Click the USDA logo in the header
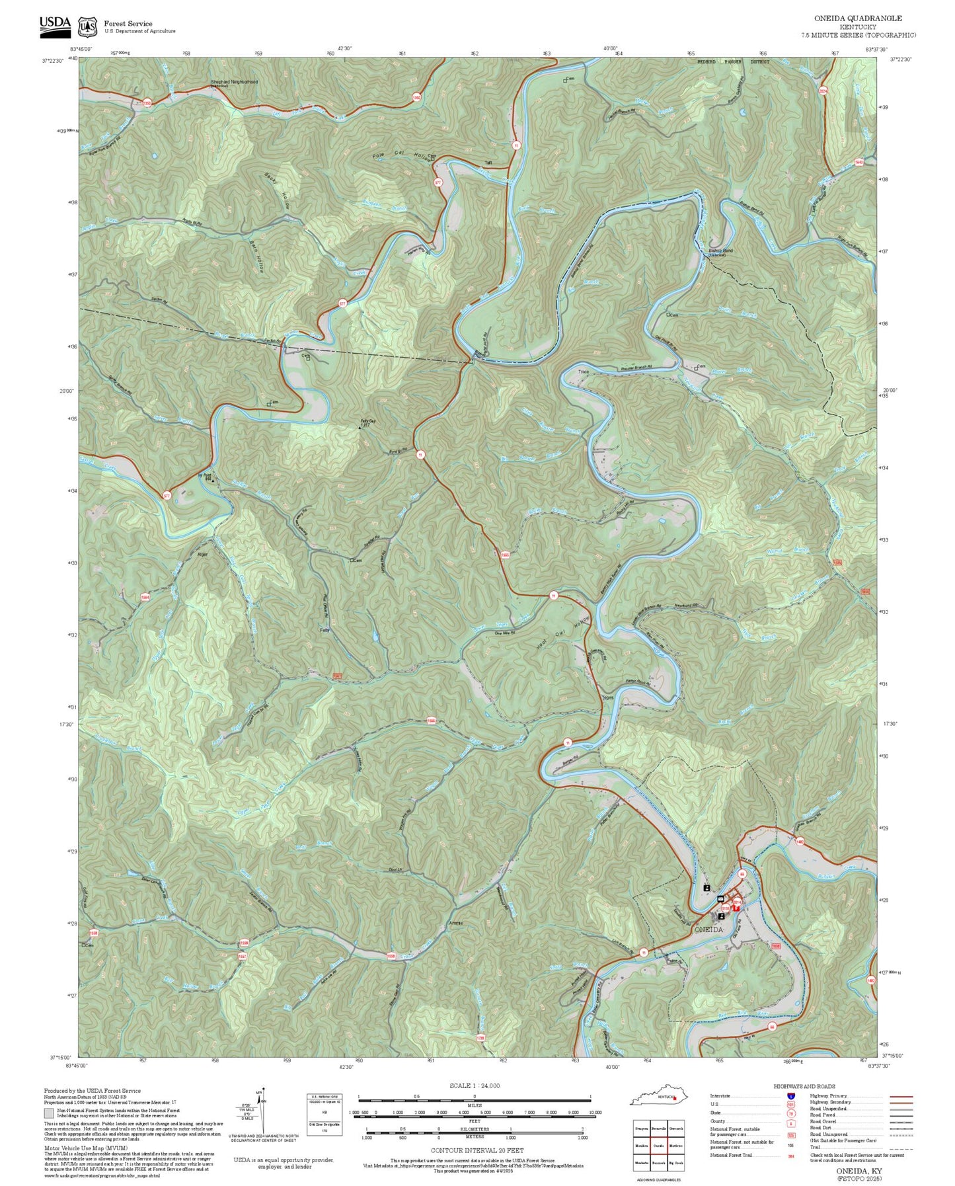click(55, 24)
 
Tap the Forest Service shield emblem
click(87, 26)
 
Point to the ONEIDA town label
click(709, 929)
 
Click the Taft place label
click(488, 163)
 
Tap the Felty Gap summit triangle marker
click(360, 428)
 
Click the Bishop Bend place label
click(720, 251)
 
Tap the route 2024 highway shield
click(823, 91)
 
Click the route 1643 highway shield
click(859, 161)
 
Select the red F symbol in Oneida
click(736, 909)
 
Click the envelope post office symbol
click(720, 899)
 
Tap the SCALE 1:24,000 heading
click(474, 1086)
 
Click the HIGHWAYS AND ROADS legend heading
click(804, 1086)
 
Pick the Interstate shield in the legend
click(790, 1096)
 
